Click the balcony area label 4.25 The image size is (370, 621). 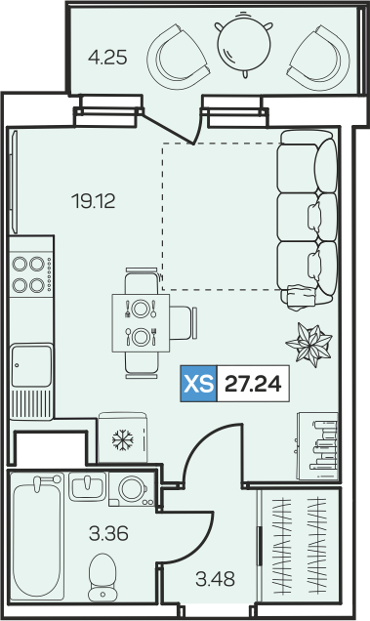coord(107,58)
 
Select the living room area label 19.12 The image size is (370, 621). coord(94,201)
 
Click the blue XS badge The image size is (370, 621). coord(198,384)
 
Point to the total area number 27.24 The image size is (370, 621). coord(253,384)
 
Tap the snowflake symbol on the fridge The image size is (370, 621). coord(123,438)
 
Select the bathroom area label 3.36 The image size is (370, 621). coord(108,533)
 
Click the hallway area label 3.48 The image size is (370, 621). coord(215,579)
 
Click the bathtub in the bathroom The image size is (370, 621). coord(37,537)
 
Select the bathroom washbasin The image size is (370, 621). coord(88,486)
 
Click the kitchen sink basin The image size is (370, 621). coord(31,365)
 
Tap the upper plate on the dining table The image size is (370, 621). coord(140,309)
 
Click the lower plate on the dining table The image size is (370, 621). coord(140,337)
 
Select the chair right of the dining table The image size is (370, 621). coord(184,322)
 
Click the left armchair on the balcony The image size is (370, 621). coord(178,56)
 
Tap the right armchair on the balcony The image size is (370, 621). coord(319,57)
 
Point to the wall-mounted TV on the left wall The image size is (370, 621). coord(15,182)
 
